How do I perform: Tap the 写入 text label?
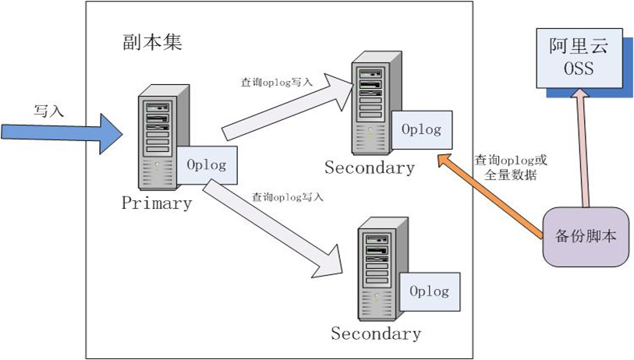(48, 111)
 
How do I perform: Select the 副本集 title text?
(152, 41)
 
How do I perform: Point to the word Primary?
(156, 203)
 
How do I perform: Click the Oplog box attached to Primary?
(207, 164)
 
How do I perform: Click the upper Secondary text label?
(369, 168)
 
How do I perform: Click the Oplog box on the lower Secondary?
(429, 291)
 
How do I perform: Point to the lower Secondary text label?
(376, 334)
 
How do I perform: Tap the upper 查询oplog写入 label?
(277, 80)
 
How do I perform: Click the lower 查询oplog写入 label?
(287, 197)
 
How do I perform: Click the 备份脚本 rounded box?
(586, 236)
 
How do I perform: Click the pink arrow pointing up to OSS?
(580, 148)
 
